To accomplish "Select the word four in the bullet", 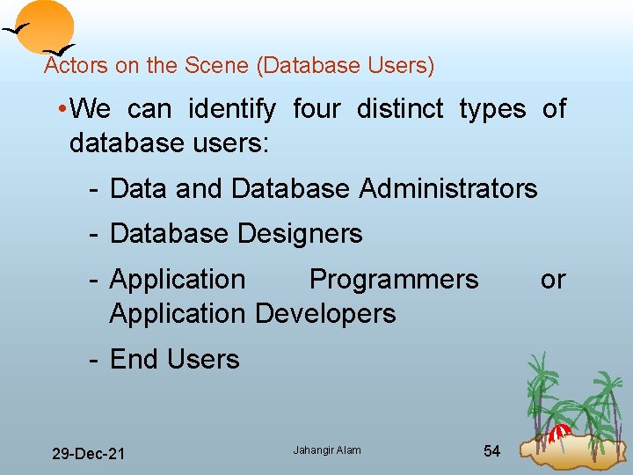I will [316, 110].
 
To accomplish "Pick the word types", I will [492, 110].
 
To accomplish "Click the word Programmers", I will [393, 280].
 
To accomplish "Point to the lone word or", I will [553, 280].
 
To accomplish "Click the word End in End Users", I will [131, 360].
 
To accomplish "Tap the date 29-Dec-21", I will [88, 454].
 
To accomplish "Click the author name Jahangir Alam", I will [326, 450].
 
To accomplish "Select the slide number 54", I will [492, 451].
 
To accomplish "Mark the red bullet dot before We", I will [58, 110].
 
